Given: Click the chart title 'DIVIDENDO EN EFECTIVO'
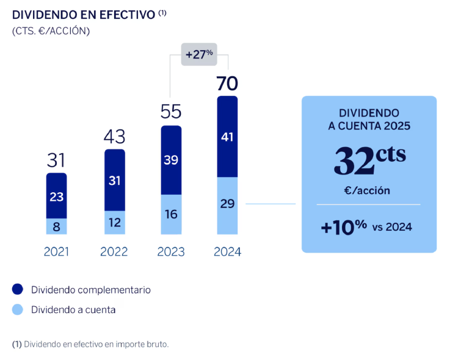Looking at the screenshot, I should [x=84, y=15].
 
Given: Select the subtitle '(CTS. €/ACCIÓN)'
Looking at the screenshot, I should [x=51, y=31].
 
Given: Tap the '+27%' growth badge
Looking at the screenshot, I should [x=199, y=54].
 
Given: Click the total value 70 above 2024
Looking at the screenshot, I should [x=227, y=84].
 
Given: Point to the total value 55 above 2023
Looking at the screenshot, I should [x=171, y=112].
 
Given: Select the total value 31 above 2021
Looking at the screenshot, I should [x=56, y=160].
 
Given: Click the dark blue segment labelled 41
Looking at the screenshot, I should [x=227, y=137].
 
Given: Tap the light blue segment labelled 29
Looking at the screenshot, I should [x=227, y=205].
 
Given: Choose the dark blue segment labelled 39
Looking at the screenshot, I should [x=171, y=160].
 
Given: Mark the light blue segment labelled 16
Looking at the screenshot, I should [x=171, y=214].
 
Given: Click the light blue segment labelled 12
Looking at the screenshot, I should [x=115, y=222].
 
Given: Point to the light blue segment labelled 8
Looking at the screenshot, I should [x=56, y=226].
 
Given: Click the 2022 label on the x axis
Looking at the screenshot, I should [x=114, y=252].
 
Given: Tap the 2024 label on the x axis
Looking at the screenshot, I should [x=227, y=252].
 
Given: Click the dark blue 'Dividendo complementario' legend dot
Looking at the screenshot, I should [x=18, y=289].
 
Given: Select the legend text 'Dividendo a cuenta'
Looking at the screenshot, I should [x=73, y=310].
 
